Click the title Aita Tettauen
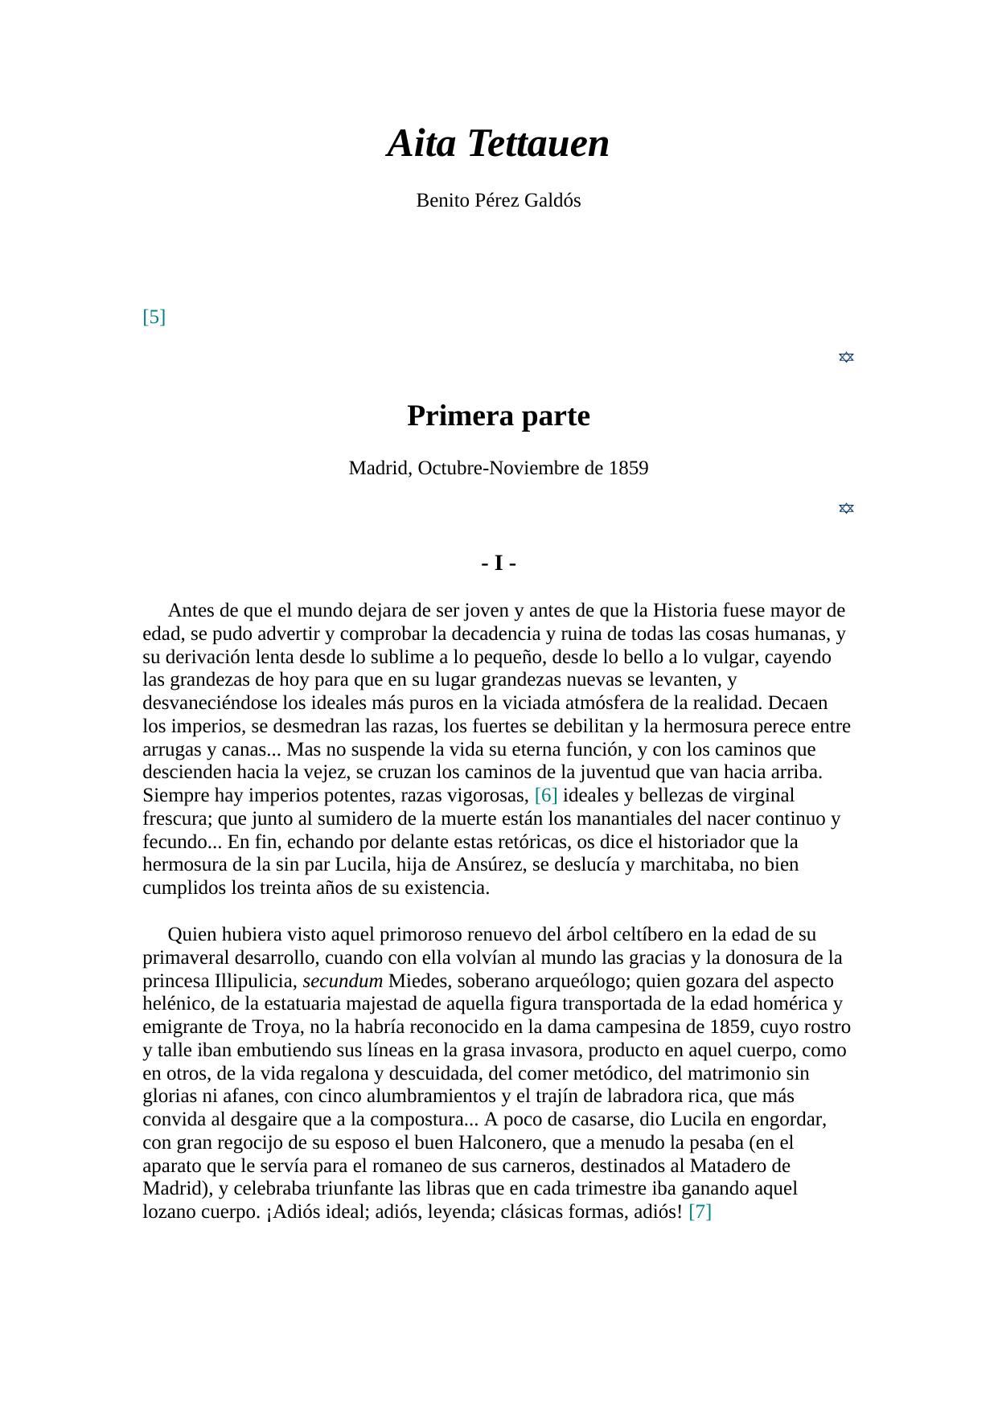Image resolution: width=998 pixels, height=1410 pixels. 498,144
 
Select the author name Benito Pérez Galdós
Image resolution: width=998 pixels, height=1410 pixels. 498,201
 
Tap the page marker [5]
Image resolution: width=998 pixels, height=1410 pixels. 154,317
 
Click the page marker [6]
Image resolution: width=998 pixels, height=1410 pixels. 546,796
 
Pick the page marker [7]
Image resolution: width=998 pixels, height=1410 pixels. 700,1212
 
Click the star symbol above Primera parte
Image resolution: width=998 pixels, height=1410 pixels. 846,357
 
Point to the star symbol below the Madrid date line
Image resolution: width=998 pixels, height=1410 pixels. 846,508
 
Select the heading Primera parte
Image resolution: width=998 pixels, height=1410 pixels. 498,416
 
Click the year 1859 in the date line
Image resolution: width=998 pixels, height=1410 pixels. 628,469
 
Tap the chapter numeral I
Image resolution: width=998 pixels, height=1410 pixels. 499,564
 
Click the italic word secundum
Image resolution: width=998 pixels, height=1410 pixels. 343,982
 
